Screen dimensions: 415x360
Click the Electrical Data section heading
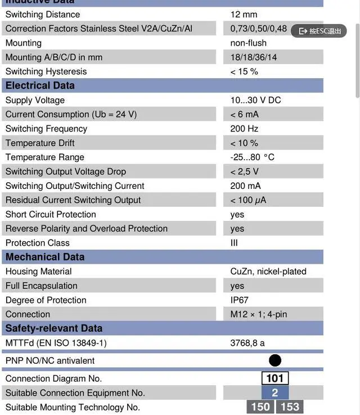(x=40, y=85)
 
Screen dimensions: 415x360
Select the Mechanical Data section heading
(x=45, y=257)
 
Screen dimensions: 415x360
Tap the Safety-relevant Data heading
(x=54, y=328)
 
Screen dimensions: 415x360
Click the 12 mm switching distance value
(x=244, y=14)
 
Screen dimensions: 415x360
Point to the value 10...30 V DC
(x=255, y=100)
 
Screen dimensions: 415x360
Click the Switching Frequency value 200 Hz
(x=244, y=129)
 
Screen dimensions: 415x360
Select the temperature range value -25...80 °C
(x=252, y=157)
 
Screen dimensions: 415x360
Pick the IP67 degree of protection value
(x=239, y=300)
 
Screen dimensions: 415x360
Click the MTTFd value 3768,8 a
(x=247, y=343)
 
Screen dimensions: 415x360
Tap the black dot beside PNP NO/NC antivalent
(x=275, y=360)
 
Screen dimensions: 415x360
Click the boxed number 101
(x=275, y=378)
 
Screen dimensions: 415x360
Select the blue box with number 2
(x=275, y=393)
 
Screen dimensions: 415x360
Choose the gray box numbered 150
(x=260, y=407)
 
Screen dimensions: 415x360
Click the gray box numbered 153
(x=290, y=407)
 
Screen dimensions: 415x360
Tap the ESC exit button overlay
(x=319, y=31)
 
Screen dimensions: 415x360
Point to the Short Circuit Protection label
(x=51, y=214)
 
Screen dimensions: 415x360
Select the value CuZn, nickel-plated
(x=268, y=272)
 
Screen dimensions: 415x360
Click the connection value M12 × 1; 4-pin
(x=258, y=314)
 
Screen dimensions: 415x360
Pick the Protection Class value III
(x=234, y=243)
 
